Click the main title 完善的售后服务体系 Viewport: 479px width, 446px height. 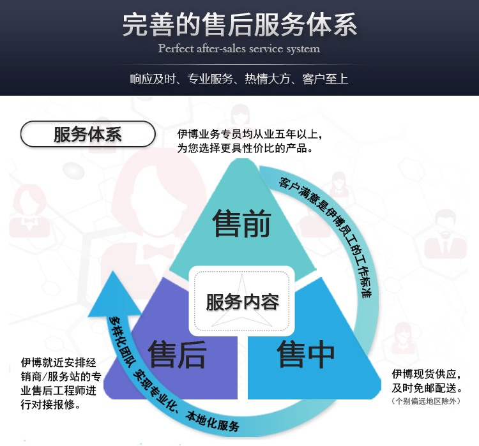click(240, 25)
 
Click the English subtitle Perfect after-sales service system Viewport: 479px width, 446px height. click(239, 49)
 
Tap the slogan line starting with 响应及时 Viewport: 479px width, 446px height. click(239, 79)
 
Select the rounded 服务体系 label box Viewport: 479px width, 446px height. click(88, 134)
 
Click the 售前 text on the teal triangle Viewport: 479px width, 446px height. click(241, 223)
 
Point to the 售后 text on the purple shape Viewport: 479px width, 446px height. click(177, 354)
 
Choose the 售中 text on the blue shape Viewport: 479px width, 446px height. click(306, 354)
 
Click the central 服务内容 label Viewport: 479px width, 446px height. click(243, 302)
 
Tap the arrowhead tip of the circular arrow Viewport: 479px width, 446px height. click(113, 271)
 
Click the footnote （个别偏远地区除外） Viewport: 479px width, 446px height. click(426, 401)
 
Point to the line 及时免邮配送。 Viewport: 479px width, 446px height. click(427, 388)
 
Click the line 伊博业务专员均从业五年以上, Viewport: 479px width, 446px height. click(250, 134)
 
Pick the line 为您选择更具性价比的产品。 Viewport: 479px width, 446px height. click(245, 148)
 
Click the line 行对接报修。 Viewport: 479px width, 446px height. click(50, 405)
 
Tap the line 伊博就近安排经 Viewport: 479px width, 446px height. click(58, 362)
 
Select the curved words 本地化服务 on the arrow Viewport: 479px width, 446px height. click(211, 421)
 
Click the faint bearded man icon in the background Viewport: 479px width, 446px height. click(445, 234)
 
